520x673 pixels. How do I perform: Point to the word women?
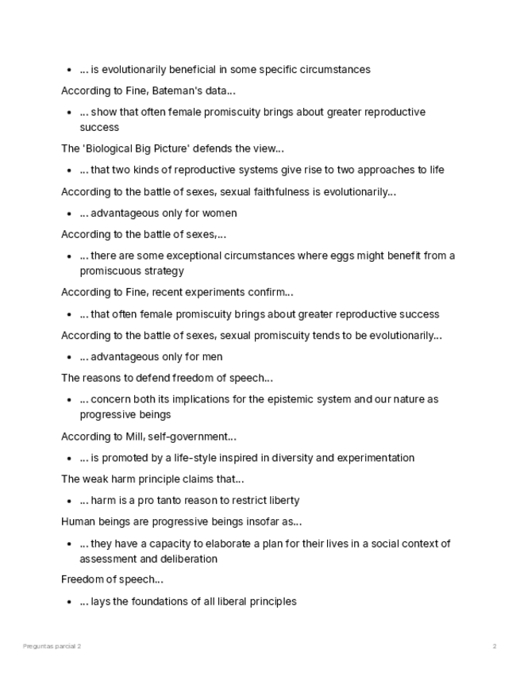click(x=221, y=213)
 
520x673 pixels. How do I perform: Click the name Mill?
click(x=134, y=436)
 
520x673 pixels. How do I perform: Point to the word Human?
click(x=78, y=521)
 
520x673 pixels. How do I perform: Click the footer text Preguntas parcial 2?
click(x=52, y=647)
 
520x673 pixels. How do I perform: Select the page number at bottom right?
click(x=495, y=647)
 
